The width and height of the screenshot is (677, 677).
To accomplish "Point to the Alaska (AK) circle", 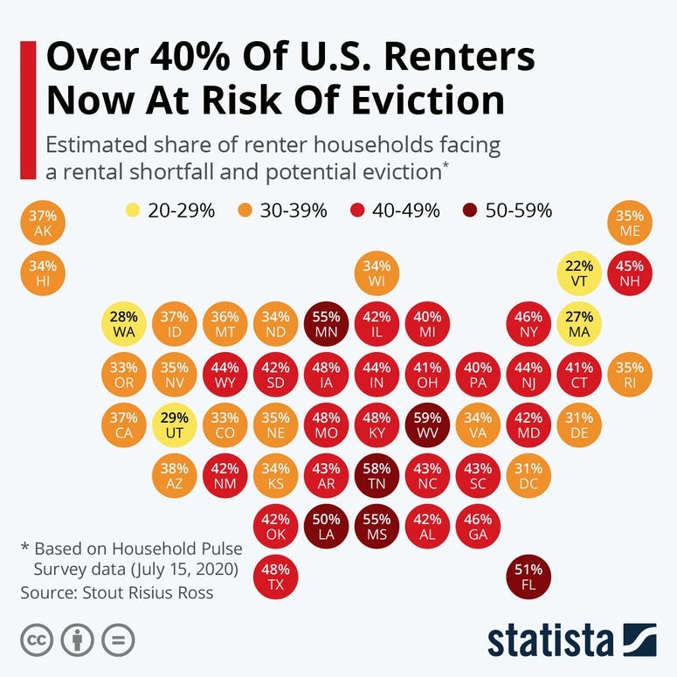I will tap(43, 224).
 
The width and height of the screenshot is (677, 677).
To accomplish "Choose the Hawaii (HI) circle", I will tap(43, 273).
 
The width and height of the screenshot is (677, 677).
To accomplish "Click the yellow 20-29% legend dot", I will tap(133, 211).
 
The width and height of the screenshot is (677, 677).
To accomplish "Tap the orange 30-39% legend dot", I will tap(245, 211).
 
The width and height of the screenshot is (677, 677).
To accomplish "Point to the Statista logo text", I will tap(550, 639).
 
